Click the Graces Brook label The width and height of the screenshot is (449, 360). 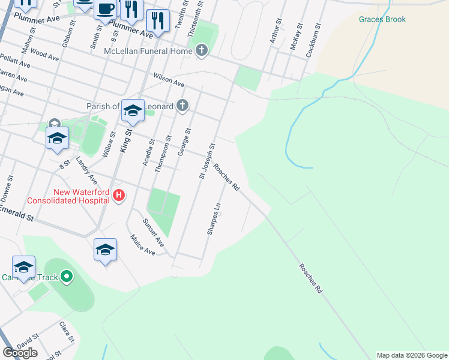coord(382,19)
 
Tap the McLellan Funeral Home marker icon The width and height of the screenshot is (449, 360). coord(202,51)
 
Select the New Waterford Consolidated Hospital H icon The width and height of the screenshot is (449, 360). coord(119,195)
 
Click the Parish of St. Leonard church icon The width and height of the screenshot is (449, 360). coord(183,106)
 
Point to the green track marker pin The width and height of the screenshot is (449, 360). coord(67,277)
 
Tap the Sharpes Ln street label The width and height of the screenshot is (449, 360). coord(214,218)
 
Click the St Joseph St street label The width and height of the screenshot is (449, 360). coord(207,161)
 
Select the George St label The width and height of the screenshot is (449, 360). coord(184,142)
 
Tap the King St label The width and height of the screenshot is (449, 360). coord(127,141)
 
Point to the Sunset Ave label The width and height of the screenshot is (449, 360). coord(153,233)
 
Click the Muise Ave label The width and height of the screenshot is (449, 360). coord(143,245)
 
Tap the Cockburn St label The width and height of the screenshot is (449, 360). coord(313,41)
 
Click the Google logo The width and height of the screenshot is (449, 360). coord(20,353)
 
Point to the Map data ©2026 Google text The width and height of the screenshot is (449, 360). coord(411,355)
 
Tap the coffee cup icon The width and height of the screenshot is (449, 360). coord(106,9)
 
